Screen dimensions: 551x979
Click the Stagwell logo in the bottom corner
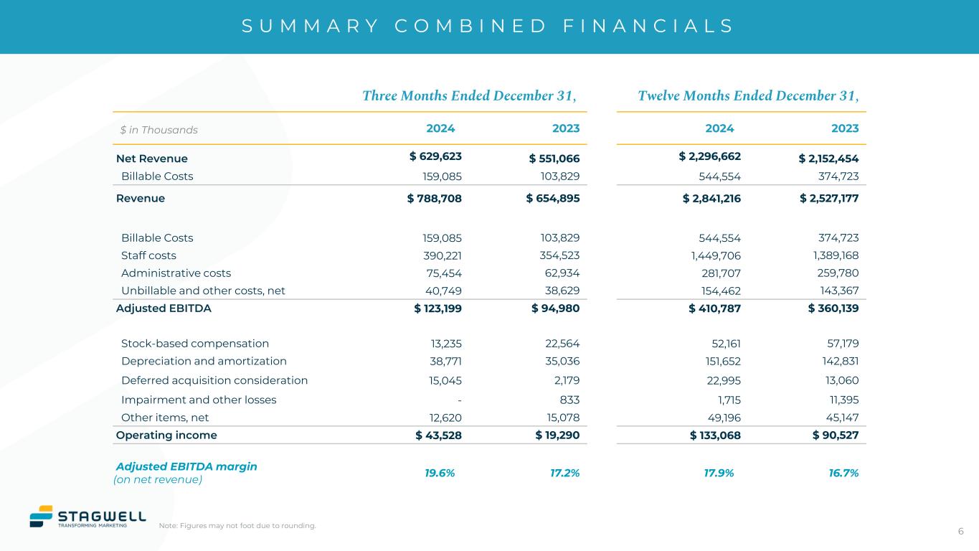pyautogui.click(x=87, y=516)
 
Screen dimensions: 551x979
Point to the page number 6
pyautogui.click(x=960, y=531)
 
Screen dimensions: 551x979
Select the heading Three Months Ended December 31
pyautogui.click(x=469, y=96)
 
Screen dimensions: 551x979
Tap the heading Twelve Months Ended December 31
pyautogui.click(x=748, y=96)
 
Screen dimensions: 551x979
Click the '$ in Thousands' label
pyautogui.click(x=159, y=130)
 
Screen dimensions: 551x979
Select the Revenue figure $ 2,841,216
pyautogui.click(x=711, y=198)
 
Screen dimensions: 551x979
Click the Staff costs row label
pyautogui.click(x=148, y=255)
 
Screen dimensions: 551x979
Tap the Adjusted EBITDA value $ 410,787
pyautogui.click(x=714, y=309)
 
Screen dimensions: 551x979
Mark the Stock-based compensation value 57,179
pyautogui.click(x=841, y=343)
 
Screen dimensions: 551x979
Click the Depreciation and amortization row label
pyautogui.click(x=204, y=361)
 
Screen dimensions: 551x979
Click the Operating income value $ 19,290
pyautogui.click(x=557, y=435)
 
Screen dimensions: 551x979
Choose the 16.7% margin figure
pyautogui.click(x=843, y=473)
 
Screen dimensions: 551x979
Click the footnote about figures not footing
pyautogui.click(x=237, y=526)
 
